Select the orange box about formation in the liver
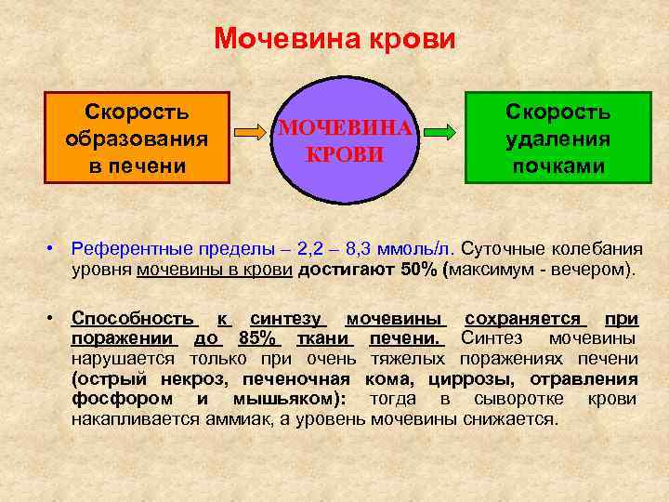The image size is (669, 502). pos(138,138)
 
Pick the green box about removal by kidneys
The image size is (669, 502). pos(557,138)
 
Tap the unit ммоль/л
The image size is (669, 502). pos(421,248)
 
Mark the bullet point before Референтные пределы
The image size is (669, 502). pos(57,249)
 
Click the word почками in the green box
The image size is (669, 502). pos(557,166)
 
